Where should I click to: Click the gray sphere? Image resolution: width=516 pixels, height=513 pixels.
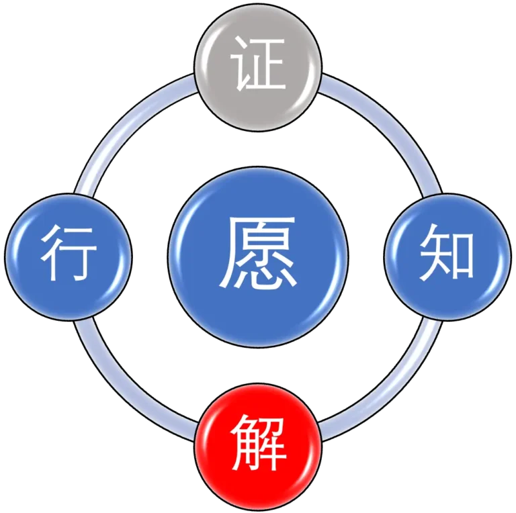coord(258,67)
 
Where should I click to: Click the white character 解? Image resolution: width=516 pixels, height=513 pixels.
coord(259,444)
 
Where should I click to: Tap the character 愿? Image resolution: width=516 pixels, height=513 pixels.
coord(259,252)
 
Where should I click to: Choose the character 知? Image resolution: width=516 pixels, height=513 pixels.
coord(447,255)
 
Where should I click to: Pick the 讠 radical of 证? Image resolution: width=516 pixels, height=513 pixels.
coord(239,66)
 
